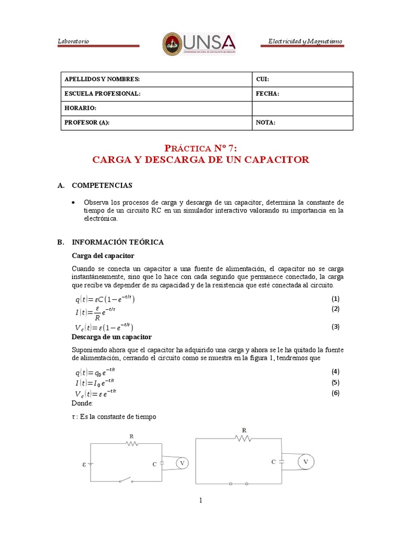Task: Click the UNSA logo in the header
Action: [x=199, y=43]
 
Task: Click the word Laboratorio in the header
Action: [x=73, y=41]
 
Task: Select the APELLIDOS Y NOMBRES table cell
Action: [x=156, y=79]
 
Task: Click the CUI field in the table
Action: [x=302, y=79]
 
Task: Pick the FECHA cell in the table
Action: [x=302, y=94]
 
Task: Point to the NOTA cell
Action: [x=302, y=123]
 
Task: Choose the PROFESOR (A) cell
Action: [x=156, y=123]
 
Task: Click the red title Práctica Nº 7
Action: [x=200, y=148]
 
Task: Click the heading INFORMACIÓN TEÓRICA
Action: [x=117, y=242]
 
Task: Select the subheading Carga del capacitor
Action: [x=103, y=255]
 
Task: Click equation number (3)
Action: [x=336, y=327]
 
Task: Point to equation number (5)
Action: [x=336, y=382]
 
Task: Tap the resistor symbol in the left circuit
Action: [x=131, y=443]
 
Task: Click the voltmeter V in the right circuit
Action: [x=306, y=462]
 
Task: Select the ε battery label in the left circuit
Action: [x=84, y=464]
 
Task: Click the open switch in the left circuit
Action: [x=127, y=481]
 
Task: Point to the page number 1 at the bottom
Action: [x=200, y=500]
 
